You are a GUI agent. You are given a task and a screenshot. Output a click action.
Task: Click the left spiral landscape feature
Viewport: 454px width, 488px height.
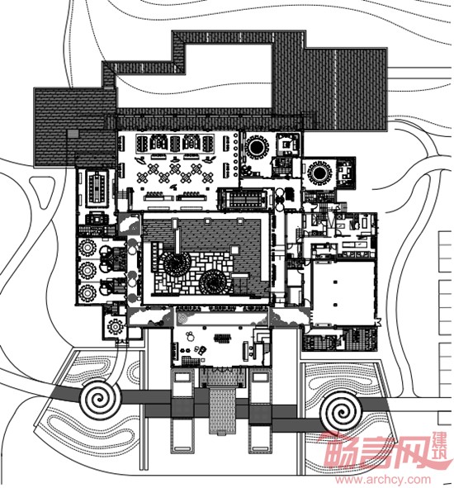click(x=100, y=399)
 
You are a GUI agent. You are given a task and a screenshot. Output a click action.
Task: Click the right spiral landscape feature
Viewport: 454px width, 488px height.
click(x=342, y=412)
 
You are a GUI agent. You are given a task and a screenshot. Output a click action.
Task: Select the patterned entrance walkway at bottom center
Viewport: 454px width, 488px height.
click(x=222, y=410)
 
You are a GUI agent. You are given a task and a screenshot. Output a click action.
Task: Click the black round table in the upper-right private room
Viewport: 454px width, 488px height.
click(x=319, y=173)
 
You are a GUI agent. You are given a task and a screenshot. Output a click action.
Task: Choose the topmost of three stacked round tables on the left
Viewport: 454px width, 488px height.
click(x=87, y=248)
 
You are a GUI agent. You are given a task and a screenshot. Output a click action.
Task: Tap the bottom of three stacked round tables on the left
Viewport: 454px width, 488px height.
click(x=87, y=293)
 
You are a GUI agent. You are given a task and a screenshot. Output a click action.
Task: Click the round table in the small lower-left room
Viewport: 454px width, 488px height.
click(x=116, y=326)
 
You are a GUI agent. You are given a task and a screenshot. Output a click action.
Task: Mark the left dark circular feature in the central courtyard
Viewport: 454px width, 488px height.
click(x=177, y=264)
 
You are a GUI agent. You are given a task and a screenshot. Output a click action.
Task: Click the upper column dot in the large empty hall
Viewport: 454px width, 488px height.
click(x=335, y=282)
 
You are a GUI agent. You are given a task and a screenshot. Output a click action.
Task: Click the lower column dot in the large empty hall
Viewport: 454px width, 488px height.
click(x=335, y=305)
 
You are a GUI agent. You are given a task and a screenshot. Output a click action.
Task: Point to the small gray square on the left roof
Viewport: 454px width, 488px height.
click(x=73, y=134)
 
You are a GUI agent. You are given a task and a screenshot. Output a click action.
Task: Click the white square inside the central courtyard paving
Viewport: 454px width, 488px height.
click(x=235, y=249)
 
